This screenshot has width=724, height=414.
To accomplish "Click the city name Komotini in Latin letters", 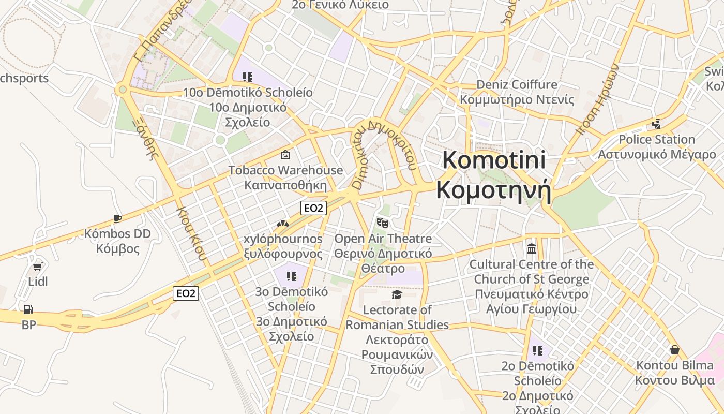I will click(494, 160).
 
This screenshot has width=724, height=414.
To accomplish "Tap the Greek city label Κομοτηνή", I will click(493, 190).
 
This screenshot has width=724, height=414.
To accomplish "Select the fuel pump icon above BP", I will click(28, 309).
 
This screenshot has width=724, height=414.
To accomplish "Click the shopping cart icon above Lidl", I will click(37, 267).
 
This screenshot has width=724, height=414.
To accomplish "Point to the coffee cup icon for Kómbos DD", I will click(117, 218).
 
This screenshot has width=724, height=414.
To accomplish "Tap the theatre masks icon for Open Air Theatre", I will click(382, 223).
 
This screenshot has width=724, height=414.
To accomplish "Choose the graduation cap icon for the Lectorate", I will click(397, 294).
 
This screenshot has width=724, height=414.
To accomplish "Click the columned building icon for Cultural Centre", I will click(532, 249).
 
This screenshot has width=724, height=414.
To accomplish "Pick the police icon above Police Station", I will click(657, 124).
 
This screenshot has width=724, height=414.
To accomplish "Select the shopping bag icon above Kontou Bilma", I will click(674, 350).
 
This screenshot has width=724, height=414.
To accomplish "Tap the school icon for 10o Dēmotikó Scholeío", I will click(248, 77).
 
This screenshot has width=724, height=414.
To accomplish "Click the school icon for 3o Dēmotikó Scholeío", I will click(292, 276).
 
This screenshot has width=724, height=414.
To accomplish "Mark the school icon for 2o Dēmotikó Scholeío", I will click(538, 351).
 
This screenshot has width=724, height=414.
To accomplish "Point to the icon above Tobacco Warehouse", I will click(285, 155).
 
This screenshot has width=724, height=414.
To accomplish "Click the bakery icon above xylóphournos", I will click(283, 224).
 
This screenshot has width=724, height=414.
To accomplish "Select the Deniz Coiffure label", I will click(517, 84).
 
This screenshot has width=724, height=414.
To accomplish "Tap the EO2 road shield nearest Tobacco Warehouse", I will click(313, 208).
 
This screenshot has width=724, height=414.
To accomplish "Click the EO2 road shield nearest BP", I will click(186, 293).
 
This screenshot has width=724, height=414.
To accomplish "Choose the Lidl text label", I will click(38, 282).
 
